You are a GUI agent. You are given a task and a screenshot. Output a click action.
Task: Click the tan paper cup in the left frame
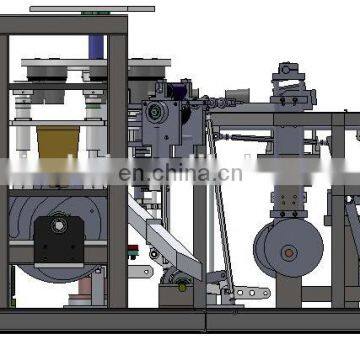click(59, 141)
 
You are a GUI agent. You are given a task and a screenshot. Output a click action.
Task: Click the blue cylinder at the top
click(96, 47)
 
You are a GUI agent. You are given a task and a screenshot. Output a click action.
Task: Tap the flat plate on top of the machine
click(80, 9)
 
